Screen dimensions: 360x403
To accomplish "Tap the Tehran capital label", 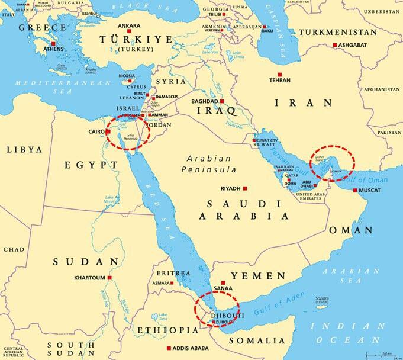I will pos(280,80).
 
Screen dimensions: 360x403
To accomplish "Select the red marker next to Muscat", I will pos(355,191).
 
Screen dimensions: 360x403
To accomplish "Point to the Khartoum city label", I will pos(89,278).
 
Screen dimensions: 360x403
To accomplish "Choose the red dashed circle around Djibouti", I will pos(218,310).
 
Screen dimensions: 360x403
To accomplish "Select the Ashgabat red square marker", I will pos(335,45).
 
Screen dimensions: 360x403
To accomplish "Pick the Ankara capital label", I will pos(129,26).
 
